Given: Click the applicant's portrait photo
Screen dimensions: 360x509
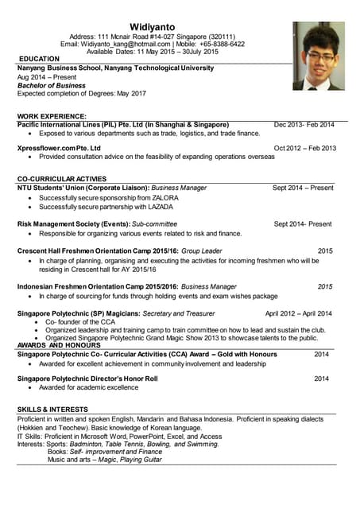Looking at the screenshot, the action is (x=318, y=56).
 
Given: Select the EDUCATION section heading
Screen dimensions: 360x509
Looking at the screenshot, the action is (x=39, y=59).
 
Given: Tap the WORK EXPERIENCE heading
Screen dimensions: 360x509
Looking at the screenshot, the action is (x=52, y=116).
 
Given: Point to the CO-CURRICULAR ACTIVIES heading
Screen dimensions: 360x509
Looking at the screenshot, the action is (x=61, y=179).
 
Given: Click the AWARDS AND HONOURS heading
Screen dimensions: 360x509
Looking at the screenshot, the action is (x=59, y=345).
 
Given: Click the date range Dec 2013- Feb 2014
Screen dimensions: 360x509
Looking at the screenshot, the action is (x=304, y=125).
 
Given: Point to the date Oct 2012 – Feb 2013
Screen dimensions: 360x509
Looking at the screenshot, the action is (x=305, y=148).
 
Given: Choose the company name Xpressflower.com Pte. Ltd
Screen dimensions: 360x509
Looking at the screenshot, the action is (x=59, y=148).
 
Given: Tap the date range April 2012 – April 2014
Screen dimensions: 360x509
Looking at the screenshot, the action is (x=299, y=313).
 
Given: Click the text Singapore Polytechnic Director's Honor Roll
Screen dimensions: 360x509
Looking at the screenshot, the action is (x=87, y=379).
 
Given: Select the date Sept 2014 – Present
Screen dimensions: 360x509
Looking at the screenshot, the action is (x=303, y=188).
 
